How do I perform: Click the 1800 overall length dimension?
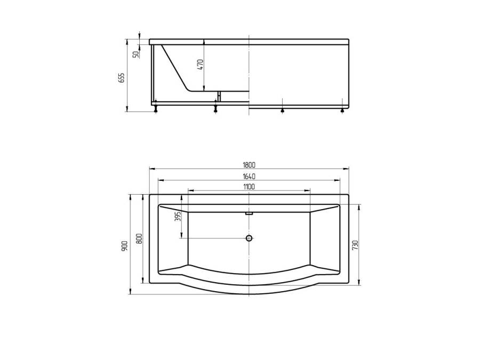pos(249,165)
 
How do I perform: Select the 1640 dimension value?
pos(249,177)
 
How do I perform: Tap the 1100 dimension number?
pos(249,187)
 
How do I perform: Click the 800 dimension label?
pos(139,238)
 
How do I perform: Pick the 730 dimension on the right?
pos(355,245)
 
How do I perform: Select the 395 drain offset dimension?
pos(179,217)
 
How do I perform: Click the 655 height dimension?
pos(122,78)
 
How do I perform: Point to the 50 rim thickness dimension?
pos(135,54)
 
